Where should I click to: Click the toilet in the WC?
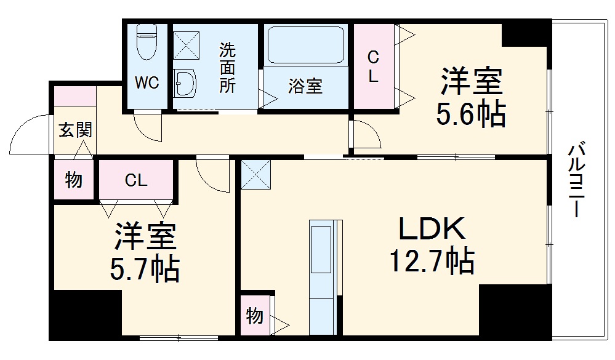click(x=147, y=42)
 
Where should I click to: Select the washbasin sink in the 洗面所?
click(x=184, y=81)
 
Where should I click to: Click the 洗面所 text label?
click(x=228, y=68)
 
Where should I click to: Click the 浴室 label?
click(x=305, y=86)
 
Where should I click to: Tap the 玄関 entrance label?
click(x=75, y=130)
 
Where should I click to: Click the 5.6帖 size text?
click(x=472, y=114)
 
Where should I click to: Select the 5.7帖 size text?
click(x=146, y=268)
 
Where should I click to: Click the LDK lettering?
click(x=431, y=230)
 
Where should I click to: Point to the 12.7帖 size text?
click(x=431, y=261)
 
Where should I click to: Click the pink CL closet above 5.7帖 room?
click(x=136, y=180)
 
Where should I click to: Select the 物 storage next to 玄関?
click(x=74, y=180)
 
